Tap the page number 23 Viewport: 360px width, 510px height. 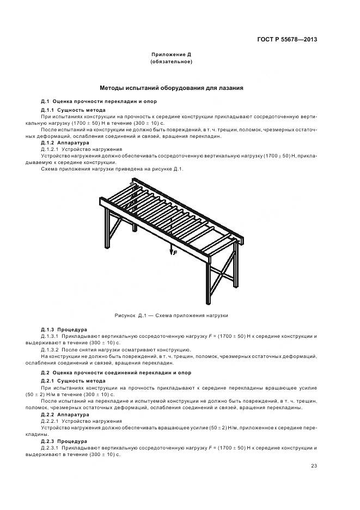click(x=314, y=465)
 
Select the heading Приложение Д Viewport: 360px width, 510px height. click(x=171, y=55)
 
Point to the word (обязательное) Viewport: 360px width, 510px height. click(x=171, y=62)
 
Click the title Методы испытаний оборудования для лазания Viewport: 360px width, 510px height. click(x=171, y=87)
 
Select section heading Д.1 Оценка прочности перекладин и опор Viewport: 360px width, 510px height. click(x=89, y=102)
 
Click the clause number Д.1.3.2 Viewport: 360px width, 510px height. click(x=52, y=349)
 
